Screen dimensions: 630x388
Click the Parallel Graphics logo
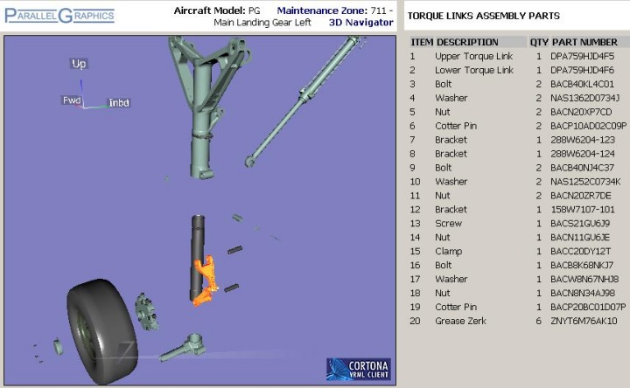[59, 16]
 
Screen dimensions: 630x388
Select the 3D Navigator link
[360, 23]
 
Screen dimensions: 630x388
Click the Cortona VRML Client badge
[359, 369]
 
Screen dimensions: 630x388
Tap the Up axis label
[79, 64]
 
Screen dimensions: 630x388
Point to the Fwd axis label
[72, 100]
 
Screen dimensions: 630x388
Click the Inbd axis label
[119, 103]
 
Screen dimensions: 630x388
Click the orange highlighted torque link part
[206, 281]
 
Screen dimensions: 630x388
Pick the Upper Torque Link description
[473, 56]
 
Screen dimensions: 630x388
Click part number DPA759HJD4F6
[582, 70]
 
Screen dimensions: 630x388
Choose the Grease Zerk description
[460, 321]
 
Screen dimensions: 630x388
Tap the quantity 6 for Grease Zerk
[539, 321]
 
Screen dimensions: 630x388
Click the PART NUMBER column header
[584, 42]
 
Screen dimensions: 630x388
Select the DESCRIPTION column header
[467, 42]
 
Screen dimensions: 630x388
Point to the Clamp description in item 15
[448, 252]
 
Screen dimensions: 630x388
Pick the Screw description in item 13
[448, 224]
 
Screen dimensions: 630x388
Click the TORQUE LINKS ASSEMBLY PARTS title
[483, 16]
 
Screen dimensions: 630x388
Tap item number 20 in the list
[415, 321]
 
